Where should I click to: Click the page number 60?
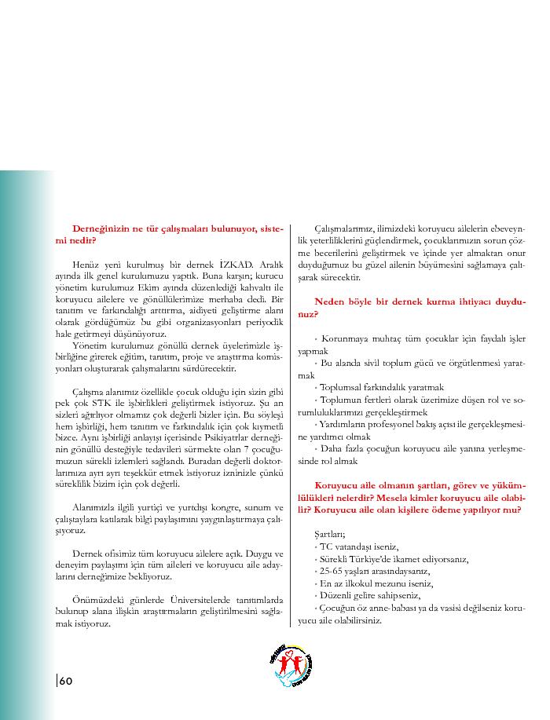[x=64, y=680]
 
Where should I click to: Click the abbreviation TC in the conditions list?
[x=324, y=546]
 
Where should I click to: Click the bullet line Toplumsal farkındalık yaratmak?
[x=380, y=386]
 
